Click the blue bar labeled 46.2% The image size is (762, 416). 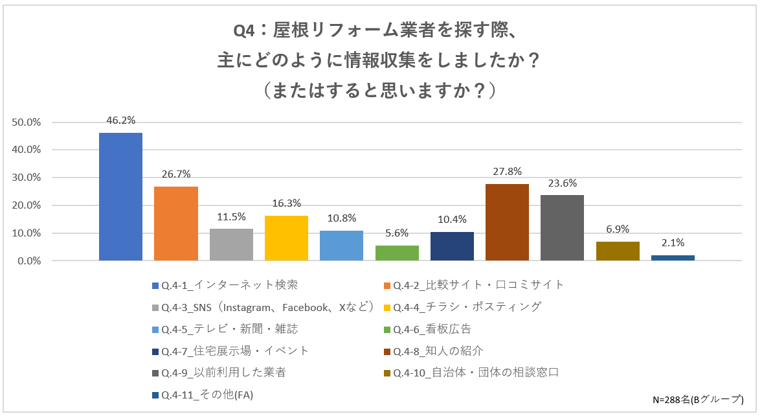(x=120, y=196)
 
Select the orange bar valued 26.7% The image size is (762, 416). (x=176, y=224)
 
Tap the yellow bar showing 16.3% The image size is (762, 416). (x=287, y=238)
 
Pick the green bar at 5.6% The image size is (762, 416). (x=397, y=253)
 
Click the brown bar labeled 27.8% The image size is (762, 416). (x=508, y=222)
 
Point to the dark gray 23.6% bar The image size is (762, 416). (x=562, y=228)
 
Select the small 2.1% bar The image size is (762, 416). (x=673, y=258)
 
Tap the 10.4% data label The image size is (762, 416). (x=453, y=220)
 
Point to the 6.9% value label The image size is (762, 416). (x=618, y=229)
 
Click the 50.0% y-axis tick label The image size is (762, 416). (x=27, y=122)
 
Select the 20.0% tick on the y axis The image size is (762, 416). (x=27, y=205)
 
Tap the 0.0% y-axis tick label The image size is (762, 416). (x=30, y=261)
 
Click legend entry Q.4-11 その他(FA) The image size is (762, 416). (x=207, y=395)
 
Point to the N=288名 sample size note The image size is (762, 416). (x=699, y=399)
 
